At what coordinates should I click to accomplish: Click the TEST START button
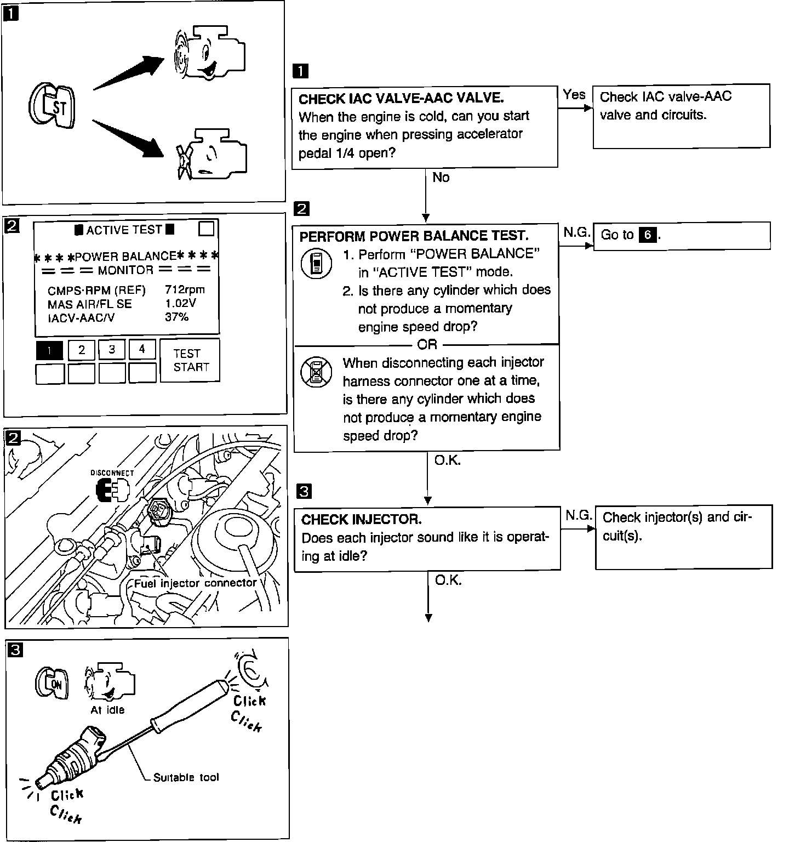[x=190, y=360]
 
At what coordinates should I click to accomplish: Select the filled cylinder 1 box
[x=50, y=350]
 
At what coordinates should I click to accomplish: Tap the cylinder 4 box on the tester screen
[x=142, y=349]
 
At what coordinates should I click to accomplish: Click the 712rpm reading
[x=185, y=289]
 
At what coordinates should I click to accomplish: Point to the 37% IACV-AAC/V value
[x=176, y=317]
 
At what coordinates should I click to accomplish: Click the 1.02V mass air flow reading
[x=180, y=303]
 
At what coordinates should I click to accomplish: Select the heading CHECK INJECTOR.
[x=362, y=519]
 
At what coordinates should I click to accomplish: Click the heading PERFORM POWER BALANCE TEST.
[x=414, y=236]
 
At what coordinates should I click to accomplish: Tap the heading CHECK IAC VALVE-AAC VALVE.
[x=401, y=99]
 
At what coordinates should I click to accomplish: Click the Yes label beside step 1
[x=574, y=95]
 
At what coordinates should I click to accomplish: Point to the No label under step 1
[x=441, y=177]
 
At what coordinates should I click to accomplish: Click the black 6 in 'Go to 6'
[x=649, y=235]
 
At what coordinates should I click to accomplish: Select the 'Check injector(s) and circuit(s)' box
[x=683, y=537]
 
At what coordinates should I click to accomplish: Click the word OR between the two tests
[x=427, y=344]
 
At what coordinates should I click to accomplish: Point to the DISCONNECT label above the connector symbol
[x=112, y=473]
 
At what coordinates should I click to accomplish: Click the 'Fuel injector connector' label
[x=196, y=583]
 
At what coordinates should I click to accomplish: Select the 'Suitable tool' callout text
[x=186, y=777]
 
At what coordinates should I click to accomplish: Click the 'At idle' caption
[x=107, y=710]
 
